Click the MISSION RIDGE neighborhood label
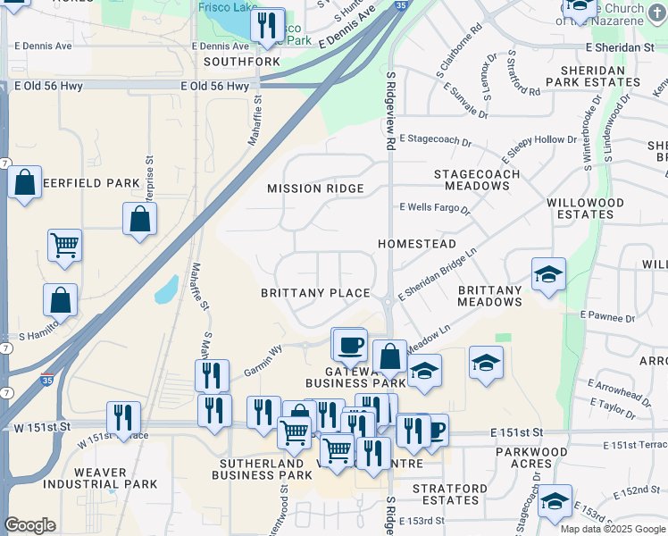[x=315, y=188]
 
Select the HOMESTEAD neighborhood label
[x=416, y=244]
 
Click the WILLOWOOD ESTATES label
[x=585, y=209]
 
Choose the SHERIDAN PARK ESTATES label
[x=600, y=76]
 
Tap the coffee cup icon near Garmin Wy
[x=349, y=343]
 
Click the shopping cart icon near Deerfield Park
[x=64, y=244]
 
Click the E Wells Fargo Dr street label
[x=434, y=207]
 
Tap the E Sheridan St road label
[x=620, y=46]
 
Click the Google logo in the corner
[x=29, y=525]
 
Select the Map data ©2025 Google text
[x=612, y=529]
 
